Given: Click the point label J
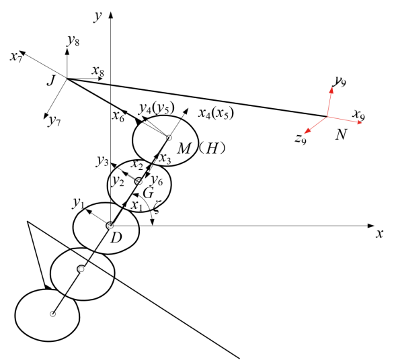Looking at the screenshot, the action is pos(51,81).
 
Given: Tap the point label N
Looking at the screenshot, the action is pos(341,134).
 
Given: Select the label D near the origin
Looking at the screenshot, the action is pos(116,238).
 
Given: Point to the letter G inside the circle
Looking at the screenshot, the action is pos(148,193).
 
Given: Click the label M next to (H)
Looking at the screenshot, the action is pos(184,148).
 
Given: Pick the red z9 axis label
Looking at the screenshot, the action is pos(301,139).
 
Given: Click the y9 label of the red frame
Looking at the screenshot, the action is pos(340,81).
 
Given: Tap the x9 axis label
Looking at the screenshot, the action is pos(359,115).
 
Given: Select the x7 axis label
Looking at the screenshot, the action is pos(15,58).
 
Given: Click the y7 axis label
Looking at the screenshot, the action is pos(54,121).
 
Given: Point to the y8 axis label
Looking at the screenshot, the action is pos(73,41).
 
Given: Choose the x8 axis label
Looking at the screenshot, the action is pos(97,71).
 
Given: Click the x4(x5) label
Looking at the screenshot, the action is pos(216,114).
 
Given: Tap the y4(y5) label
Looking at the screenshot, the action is pos(157,108).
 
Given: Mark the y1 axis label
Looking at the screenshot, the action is pos(78,204).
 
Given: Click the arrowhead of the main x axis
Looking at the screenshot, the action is pos(371,226).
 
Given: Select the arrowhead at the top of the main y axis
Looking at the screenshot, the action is pos(110,15).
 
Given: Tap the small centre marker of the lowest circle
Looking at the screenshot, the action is pos(52,314).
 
